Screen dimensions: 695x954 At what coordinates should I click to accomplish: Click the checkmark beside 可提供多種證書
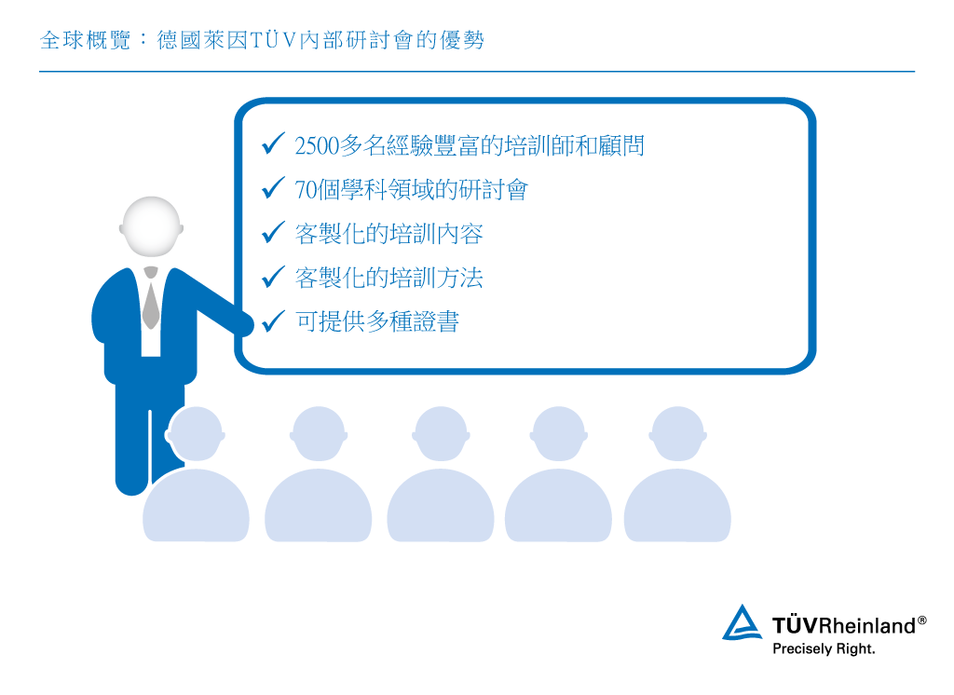[273, 321]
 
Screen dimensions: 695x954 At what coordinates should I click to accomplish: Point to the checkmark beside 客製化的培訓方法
[273, 277]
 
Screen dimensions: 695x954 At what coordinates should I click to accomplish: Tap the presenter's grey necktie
[150, 300]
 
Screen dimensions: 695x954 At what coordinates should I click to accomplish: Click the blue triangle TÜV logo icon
[742, 623]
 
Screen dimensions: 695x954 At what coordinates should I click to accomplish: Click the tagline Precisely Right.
[824, 648]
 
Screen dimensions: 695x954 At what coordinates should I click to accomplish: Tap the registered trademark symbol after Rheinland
[922, 620]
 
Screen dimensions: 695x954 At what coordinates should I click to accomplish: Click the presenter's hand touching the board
[244, 324]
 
